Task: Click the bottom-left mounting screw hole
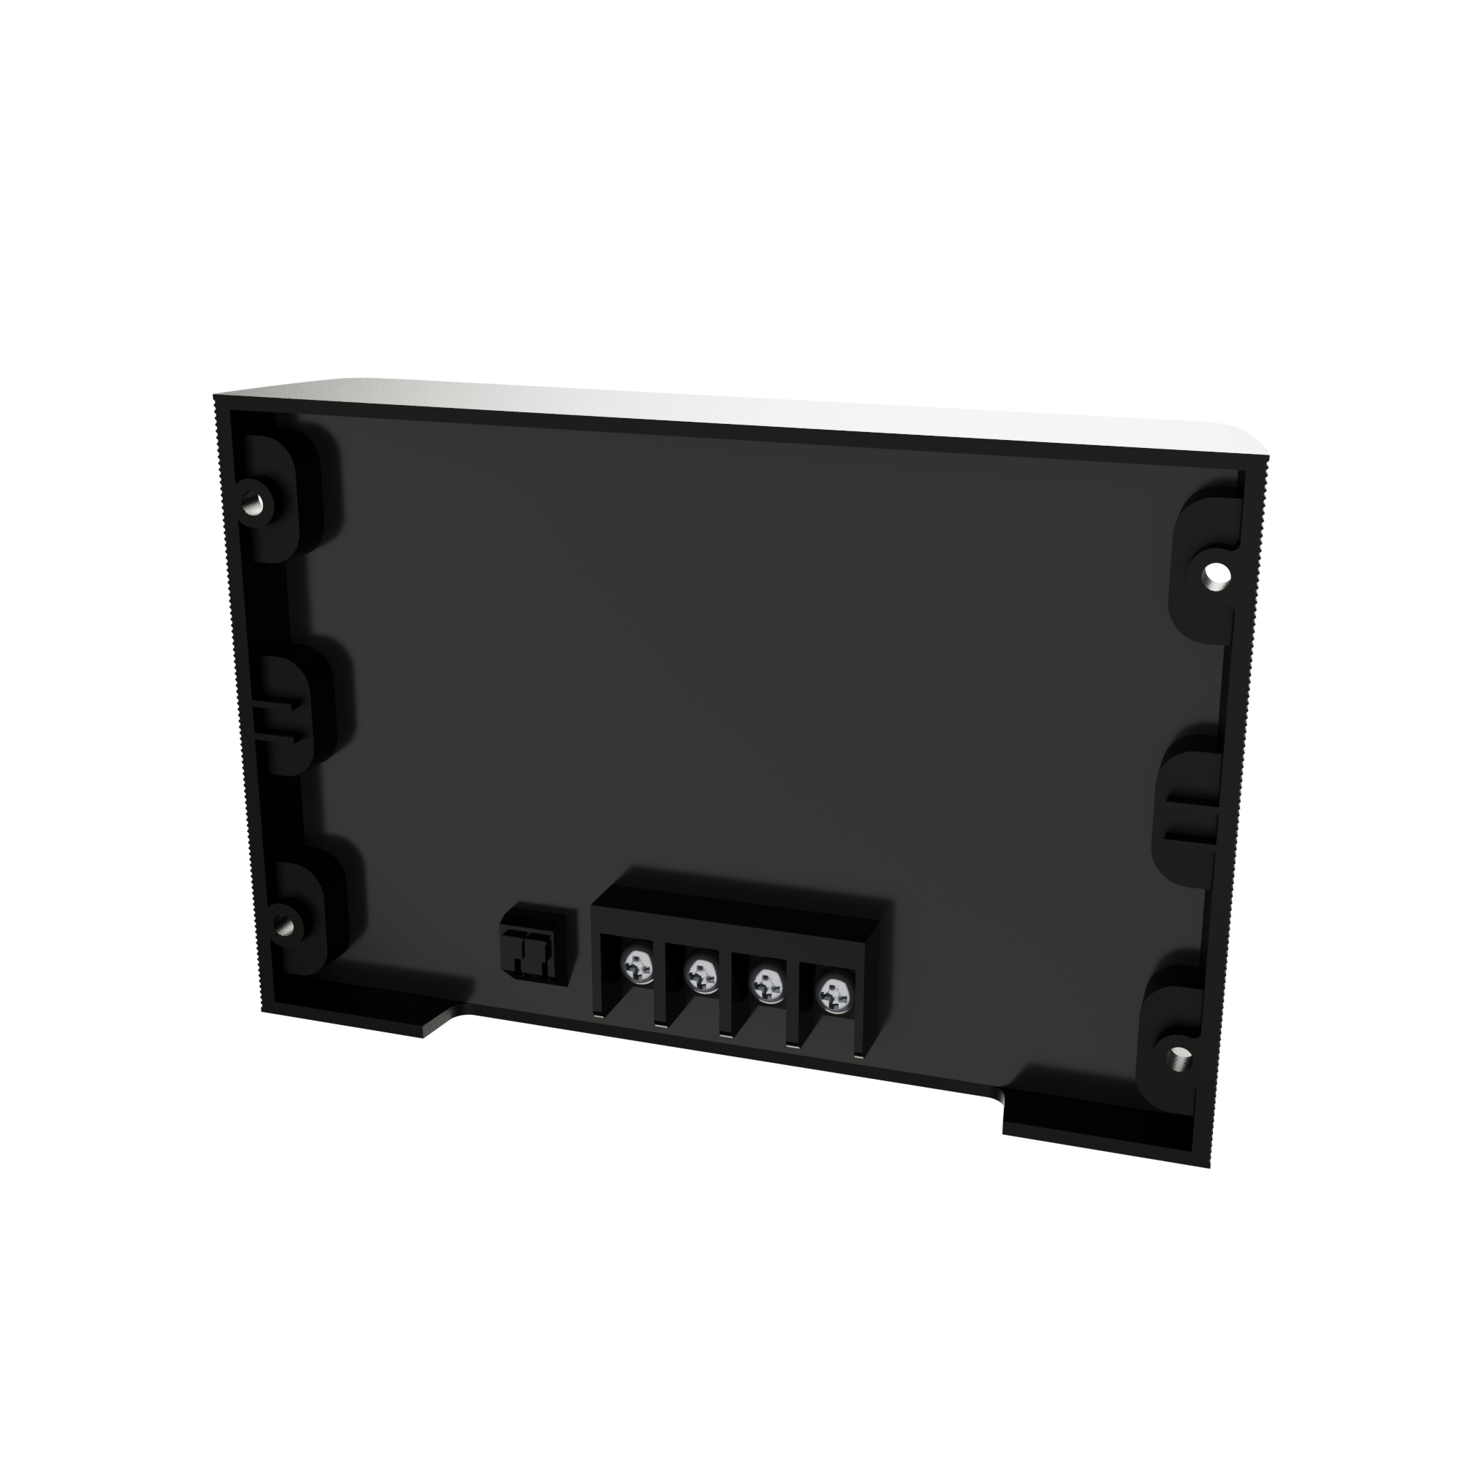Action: (285, 924)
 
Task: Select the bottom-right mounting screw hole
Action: (1179, 1059)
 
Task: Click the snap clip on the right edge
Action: (1192, 817)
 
